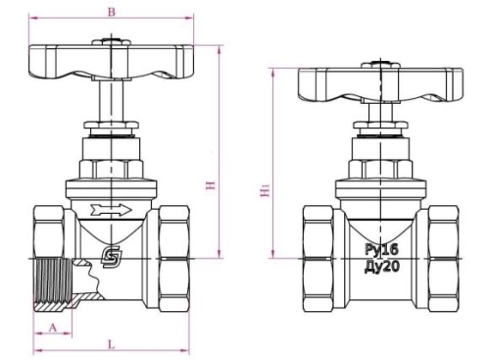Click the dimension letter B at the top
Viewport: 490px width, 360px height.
click(112, 12)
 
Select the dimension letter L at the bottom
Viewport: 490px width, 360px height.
click(112, 344)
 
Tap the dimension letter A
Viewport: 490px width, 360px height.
click(53, 327)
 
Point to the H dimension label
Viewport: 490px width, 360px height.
click(211, 185)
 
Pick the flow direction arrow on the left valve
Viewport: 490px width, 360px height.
click(111, 210)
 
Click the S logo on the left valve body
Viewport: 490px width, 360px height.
click(112, 257)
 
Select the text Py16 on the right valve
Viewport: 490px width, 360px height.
click(382, 250)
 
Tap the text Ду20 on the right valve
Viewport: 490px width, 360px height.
click(382, 267)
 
